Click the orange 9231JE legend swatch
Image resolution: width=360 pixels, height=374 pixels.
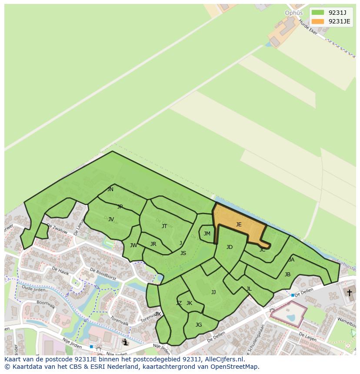(x=318, y=21)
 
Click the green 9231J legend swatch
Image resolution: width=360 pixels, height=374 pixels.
(x=318, y=13)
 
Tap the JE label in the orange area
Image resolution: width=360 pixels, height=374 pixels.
(x=239, y=225)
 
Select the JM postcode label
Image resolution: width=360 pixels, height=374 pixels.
(x=207, y=234)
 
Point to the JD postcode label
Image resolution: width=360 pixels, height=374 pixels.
(x=230, y=247)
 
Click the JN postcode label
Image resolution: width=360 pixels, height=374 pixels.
(x=110, y=189)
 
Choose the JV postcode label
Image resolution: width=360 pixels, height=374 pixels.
(x=111, y=219)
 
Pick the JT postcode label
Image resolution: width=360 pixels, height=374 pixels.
(x=164, y=226)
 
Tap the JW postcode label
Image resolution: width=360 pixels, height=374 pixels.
(x=133, y=245)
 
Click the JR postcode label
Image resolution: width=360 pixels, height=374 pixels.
(x=153, y=244)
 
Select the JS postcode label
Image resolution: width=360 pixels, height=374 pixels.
(x=183, y=253)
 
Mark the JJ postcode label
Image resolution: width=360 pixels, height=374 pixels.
(x=213, y=292)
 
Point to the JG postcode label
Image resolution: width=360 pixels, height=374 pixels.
(x=199, y=325)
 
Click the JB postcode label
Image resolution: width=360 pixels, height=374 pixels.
(x=287, y=275)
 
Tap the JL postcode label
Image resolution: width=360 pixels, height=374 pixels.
(x=249, y=289)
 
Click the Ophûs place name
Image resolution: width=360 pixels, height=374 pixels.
(x=293, y=13)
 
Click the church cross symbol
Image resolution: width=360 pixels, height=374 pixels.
(x=349, y=293)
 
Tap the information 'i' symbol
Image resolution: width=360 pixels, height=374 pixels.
(x=126, y=342)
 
